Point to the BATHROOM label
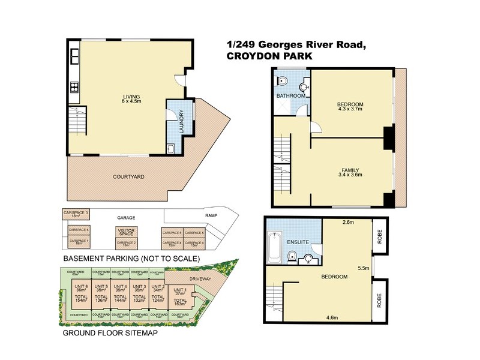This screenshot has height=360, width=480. click(x=291, y=96)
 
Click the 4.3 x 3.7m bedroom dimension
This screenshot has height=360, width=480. click(x=350, y=110)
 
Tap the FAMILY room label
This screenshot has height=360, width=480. click(x=350, y=170)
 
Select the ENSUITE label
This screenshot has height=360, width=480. click(x=298, y=242)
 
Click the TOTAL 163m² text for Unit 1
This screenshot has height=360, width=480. click(x=178, y=302)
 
